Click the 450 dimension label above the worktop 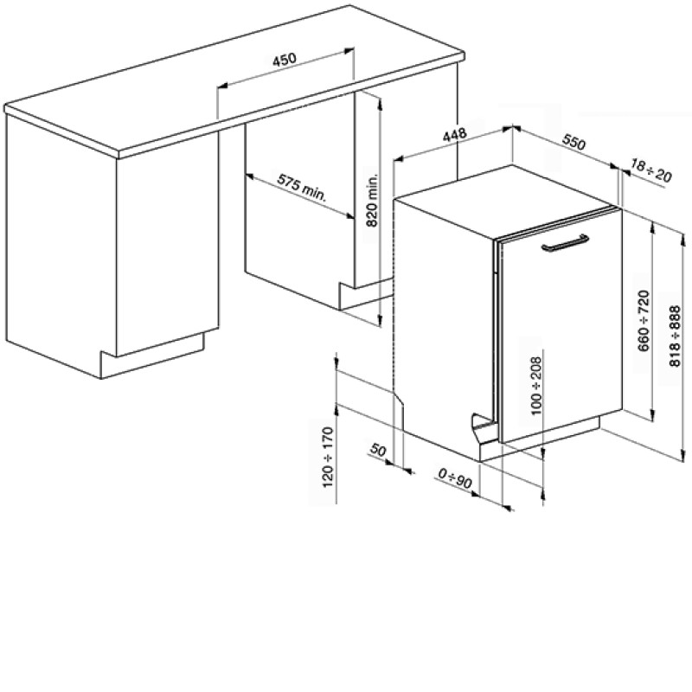point(285,59)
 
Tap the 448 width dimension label point(455,134)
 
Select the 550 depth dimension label point(573,142)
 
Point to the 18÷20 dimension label point(650,170)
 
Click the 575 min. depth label point(302,187)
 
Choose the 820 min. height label point(373,201)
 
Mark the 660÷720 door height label point(644,320)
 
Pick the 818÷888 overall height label point(676,336)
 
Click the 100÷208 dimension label point(535,386)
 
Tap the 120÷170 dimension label point(329,458)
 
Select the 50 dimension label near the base point(378,450)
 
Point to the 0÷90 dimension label point(455,478)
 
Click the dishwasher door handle point(565,244)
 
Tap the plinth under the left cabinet point(152,356)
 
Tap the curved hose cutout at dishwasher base point(481,425)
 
